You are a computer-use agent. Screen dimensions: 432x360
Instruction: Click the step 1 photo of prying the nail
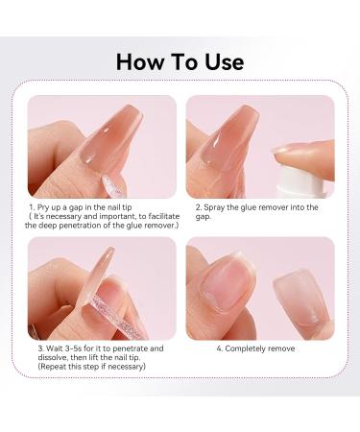tap(102, 146)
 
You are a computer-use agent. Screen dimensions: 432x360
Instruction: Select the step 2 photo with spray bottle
tap(259, 146)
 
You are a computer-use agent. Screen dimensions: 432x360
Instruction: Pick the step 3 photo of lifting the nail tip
tap(102, 288)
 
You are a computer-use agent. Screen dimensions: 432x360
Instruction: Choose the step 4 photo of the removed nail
tap(259, 288)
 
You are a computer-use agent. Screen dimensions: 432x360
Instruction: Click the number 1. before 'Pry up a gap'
tap(33, 206)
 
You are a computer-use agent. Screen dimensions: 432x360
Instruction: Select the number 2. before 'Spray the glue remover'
tap(198, 206)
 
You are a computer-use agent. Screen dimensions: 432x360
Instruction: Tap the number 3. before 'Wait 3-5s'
tap(40, 348)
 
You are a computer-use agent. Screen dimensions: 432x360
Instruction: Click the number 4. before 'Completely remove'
tap(220, 348)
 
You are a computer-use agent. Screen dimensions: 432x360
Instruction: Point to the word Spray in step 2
tap(216, 206)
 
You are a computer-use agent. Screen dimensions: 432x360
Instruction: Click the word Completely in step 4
tap(252, 348)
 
